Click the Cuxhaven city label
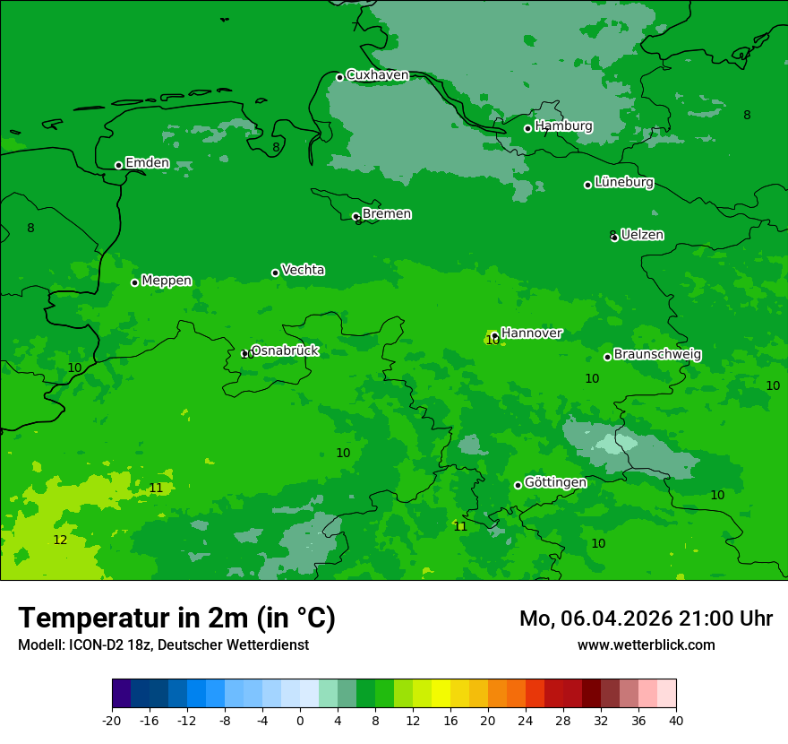tap(377, 75)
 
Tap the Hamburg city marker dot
tap(528, 128)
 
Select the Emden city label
tap(147, 163)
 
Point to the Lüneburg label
tap(624, 182)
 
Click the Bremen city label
tap(387, 214)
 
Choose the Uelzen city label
tap(642, 235)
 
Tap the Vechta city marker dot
tap(275, 273)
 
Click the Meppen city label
tap(167, 281)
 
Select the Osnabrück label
tap(285, 350)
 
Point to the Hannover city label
tap(532, 333)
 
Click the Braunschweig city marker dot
tap(607, 357)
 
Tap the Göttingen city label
tap(555, 483)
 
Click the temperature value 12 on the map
tap(60, 541)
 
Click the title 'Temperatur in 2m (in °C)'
tap(176, 618)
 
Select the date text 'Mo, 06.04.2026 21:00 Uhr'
tap(646, 619)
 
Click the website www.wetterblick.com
tap(646, 645)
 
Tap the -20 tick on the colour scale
tap(112, 720)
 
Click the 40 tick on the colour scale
tap(676, 720)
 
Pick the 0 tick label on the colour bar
tap(300, 720)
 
